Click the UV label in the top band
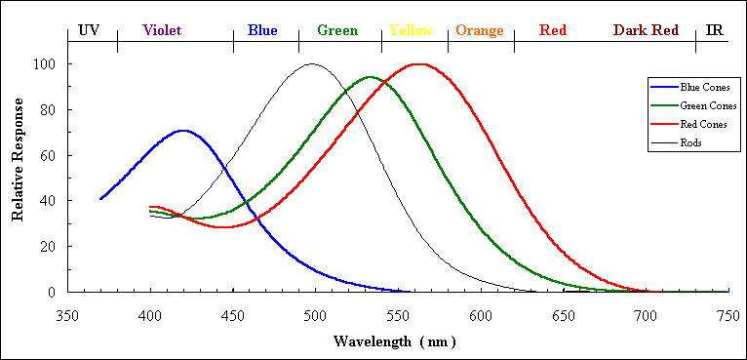pos(89,30)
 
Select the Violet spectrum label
pos(162,30)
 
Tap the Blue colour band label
pos(262,30)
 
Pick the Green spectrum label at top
pos(337,30)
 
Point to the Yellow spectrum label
pos(411,30)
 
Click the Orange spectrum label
pos(480,30)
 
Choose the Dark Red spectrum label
pos(646,30)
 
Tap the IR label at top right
pos(714,30)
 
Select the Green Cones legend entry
pos(692,105)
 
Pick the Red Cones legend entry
pos(690,124)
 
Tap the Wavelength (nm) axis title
pos(394,342)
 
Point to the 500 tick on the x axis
pos(315,315)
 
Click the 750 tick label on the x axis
pos(728,315)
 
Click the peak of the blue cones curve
pos(182,130)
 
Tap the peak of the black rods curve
pos(311,64)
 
